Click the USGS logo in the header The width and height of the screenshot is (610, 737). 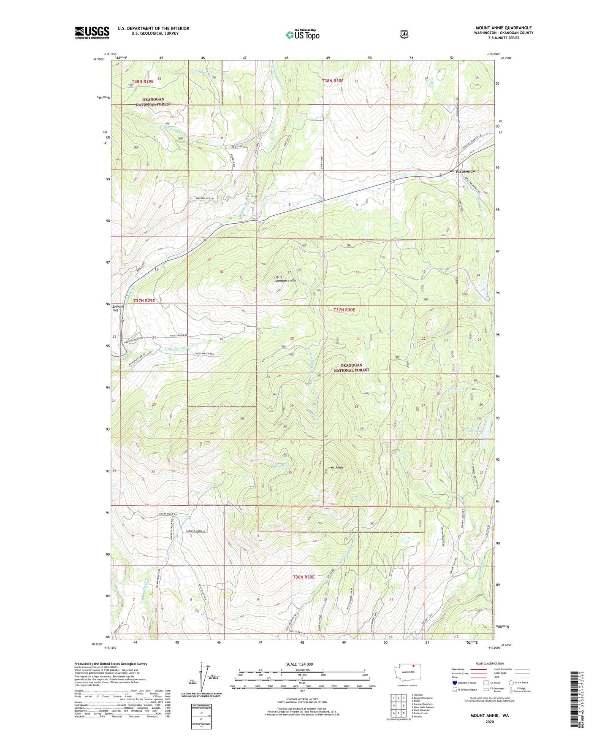tap(92, 33)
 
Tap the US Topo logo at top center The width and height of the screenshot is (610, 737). tap(302, 35)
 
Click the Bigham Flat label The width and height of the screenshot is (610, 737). tap(118, 308)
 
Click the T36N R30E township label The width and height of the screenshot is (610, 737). tap(304, 577)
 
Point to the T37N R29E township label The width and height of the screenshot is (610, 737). tap(144, 301)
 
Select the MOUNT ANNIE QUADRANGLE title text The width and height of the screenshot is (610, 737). tap(503, 27)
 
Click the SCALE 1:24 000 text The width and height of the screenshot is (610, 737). tap(299, 664)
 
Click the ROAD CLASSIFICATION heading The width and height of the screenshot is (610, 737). tap(489, 664)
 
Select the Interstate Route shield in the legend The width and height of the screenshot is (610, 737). tap(454, 682)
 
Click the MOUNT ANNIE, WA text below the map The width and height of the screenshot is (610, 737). tap(490, 715)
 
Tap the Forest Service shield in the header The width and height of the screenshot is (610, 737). tap(404, 34)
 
